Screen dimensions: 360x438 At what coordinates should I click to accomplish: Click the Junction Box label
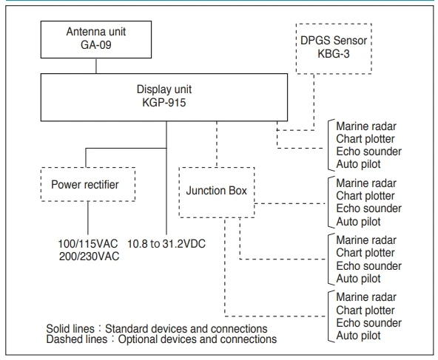pyautogui.click(x=216, y=187)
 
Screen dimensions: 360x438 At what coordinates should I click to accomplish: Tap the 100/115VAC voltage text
pyautogui.click(x=84, y=243)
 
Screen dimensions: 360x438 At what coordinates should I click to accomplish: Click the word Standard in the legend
pyautogui.click(x=154, y=327)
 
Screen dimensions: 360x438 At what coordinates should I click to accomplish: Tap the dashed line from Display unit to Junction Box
pyautogui.click(x=216, y=144)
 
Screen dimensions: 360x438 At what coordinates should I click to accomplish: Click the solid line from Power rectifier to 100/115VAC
pyautogui.click(x=88, y=219)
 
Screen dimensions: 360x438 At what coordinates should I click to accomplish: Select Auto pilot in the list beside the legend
pyautogui.click(x=359, y=336)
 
